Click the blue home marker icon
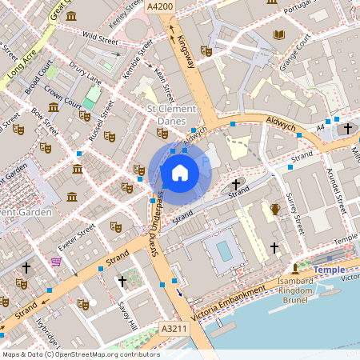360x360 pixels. tap(180, 172)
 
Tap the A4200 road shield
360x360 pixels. tap(182, 6)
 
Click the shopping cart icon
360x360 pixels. tap(56, 261)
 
